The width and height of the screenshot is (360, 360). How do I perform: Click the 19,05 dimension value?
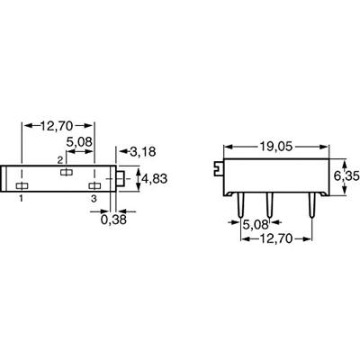coord(275,147)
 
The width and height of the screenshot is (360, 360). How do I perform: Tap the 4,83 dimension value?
coord(154,179)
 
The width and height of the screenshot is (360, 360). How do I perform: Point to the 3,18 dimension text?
coord(143,152)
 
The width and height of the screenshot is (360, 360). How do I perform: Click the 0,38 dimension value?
coord(113,220)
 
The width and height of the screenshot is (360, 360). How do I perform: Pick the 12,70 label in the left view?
coord(57,126)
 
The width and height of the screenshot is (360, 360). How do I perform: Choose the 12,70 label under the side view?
coord(275,239)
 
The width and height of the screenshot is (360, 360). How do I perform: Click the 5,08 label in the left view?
coord(79,142)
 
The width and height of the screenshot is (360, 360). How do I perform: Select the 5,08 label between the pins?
coord(256,224)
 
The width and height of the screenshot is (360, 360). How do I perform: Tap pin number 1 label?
coord(21,198)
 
